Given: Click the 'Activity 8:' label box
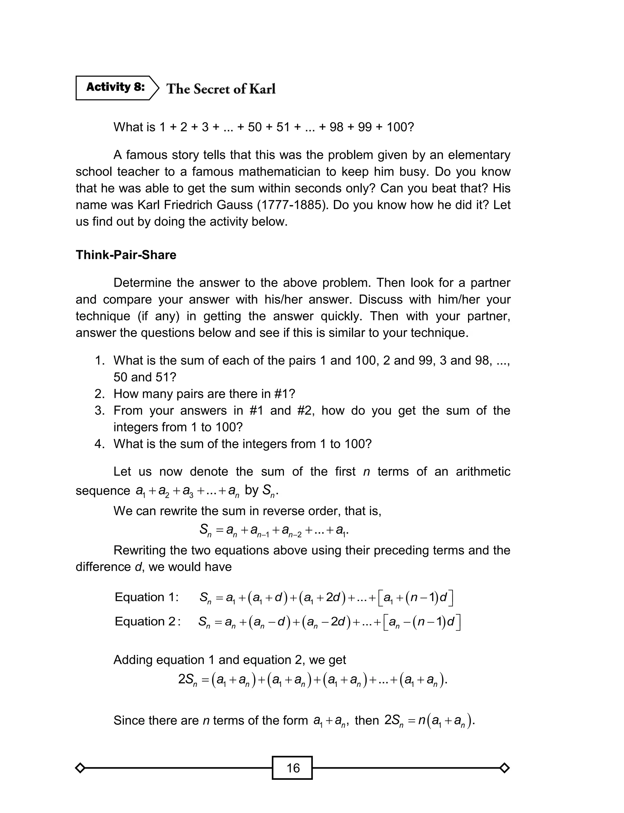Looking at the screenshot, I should click(115, 88).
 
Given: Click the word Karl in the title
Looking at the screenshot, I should click(262, 89).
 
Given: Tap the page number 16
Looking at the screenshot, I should click(293, 768).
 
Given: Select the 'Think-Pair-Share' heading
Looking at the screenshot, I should click(126, 255).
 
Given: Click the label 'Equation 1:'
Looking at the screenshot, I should click(147, 597).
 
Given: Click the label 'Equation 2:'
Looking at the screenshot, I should click(147, 621).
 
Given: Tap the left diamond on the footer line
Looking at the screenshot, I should click(80, 768).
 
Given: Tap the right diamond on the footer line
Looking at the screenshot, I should click(504, 768).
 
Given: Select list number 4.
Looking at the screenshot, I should click(100, 444).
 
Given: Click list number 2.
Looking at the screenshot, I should click(100, 394).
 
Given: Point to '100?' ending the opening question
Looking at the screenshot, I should click(400, 127).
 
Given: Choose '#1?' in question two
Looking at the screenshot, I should click(285, 394).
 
